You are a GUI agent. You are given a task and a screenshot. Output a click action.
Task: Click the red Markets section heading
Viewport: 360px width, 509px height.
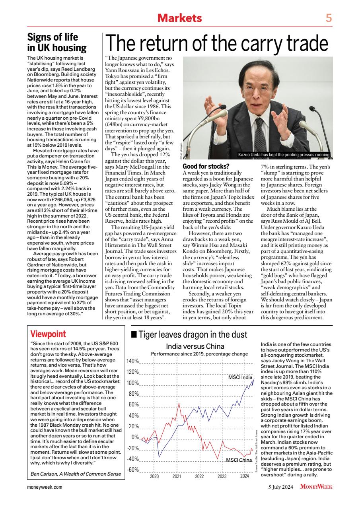180,18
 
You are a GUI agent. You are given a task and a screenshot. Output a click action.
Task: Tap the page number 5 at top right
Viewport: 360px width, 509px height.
329,18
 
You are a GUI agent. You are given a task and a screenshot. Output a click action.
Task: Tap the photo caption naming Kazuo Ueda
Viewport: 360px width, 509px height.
284,155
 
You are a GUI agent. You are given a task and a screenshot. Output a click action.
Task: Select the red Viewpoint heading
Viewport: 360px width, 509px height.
48,334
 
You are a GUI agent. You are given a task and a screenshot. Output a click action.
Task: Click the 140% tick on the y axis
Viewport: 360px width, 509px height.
132,361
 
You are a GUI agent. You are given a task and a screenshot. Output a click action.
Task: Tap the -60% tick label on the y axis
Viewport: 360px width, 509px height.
132,470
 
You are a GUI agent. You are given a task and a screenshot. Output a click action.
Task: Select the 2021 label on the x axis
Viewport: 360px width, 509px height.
177,476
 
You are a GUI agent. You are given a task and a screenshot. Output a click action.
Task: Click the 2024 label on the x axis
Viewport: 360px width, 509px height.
244,476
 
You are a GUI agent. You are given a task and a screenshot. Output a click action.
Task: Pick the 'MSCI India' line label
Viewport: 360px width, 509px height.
240,377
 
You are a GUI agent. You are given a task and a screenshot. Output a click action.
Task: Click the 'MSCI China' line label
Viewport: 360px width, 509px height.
239,460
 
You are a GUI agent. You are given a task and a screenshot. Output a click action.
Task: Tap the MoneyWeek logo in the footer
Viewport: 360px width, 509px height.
316,486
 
